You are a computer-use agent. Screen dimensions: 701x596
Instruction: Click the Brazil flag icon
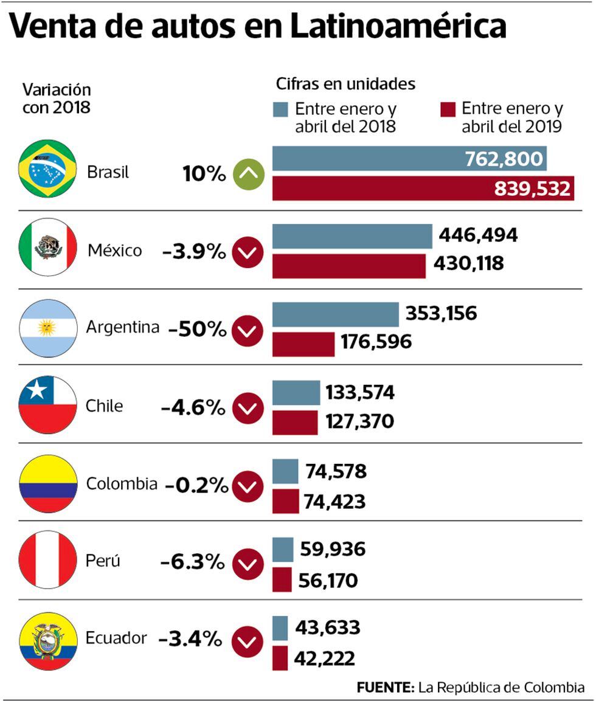pyautogui.click(x=47, y=168)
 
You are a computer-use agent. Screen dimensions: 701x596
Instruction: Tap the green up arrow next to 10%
pyautogui.click(x=249, y=174)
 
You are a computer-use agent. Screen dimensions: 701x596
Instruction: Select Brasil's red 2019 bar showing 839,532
pyautogui.click(x=423, y=188)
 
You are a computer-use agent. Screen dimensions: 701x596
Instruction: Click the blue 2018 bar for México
pyautogui.click(x=352, y=236)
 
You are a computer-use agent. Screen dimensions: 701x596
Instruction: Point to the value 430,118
pyautogui.click(x=469, y=264)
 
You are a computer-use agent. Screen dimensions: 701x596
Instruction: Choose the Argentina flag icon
pyautogui.click(x=48, y=328)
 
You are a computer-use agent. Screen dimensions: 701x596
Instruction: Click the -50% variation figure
pyautogui.click(x=198, y=330)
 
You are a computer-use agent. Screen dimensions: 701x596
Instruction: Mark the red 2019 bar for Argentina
pyautogui.click(x=303, y=344)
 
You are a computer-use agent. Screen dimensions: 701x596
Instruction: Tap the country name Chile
pyautogui.click(x=105, y=406)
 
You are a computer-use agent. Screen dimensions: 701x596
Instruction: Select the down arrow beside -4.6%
pyautogui.click(x=248, y=408)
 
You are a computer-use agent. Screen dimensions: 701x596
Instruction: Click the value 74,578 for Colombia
pyautogui.click(x=336, y=472)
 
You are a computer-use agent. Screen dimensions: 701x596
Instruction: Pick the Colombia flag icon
pyautogui.click(x=48, y=483)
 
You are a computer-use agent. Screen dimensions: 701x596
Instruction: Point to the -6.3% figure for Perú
pyautogui.click(x=193, y=563)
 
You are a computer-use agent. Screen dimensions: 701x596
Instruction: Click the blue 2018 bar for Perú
pyautogui.click(x=283, y=550)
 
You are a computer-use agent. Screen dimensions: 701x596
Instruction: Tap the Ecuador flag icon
pyautogui.click(x=48, y=640)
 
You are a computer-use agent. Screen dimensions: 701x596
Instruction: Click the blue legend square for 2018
pyautogui.click(x=280, y=109)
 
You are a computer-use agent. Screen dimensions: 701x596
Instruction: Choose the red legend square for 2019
pyautogui.click(x=448, y=109)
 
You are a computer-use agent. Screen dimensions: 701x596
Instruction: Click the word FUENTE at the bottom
pyautogui.click(x=385, y=688)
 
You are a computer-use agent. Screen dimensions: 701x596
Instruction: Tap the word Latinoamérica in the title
pyautogui.click(x=398, y=27)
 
